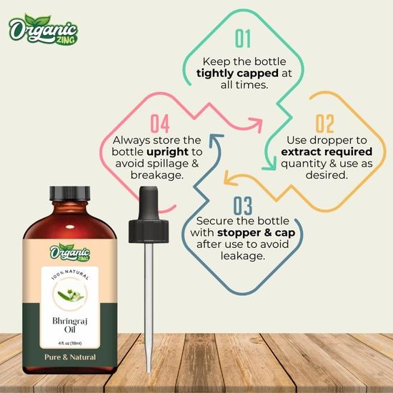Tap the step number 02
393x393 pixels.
point(324,124)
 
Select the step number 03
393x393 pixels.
point(243,207)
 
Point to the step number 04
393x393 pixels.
point(159,124)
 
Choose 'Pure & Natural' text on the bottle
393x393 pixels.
point(69,357)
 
